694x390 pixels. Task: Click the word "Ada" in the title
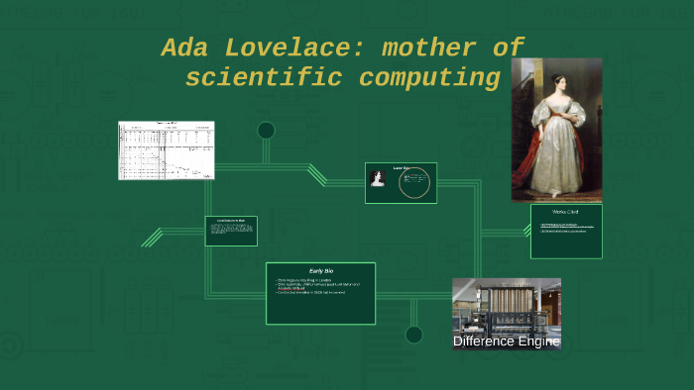tap(187, 48)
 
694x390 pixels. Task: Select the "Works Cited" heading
tap(566, 212)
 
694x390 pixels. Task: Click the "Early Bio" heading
tap(320, 271)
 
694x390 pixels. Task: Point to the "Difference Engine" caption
tap(506, 341)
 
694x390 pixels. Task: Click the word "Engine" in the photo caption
tap(539, 341)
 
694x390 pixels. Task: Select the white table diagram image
tap(167, 150)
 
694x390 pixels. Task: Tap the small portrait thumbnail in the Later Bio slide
tap(377, 178)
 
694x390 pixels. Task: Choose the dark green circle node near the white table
tap(266, 130)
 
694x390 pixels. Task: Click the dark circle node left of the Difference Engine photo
tap(413, 335)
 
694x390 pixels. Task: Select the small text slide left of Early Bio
tap(231, 231)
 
